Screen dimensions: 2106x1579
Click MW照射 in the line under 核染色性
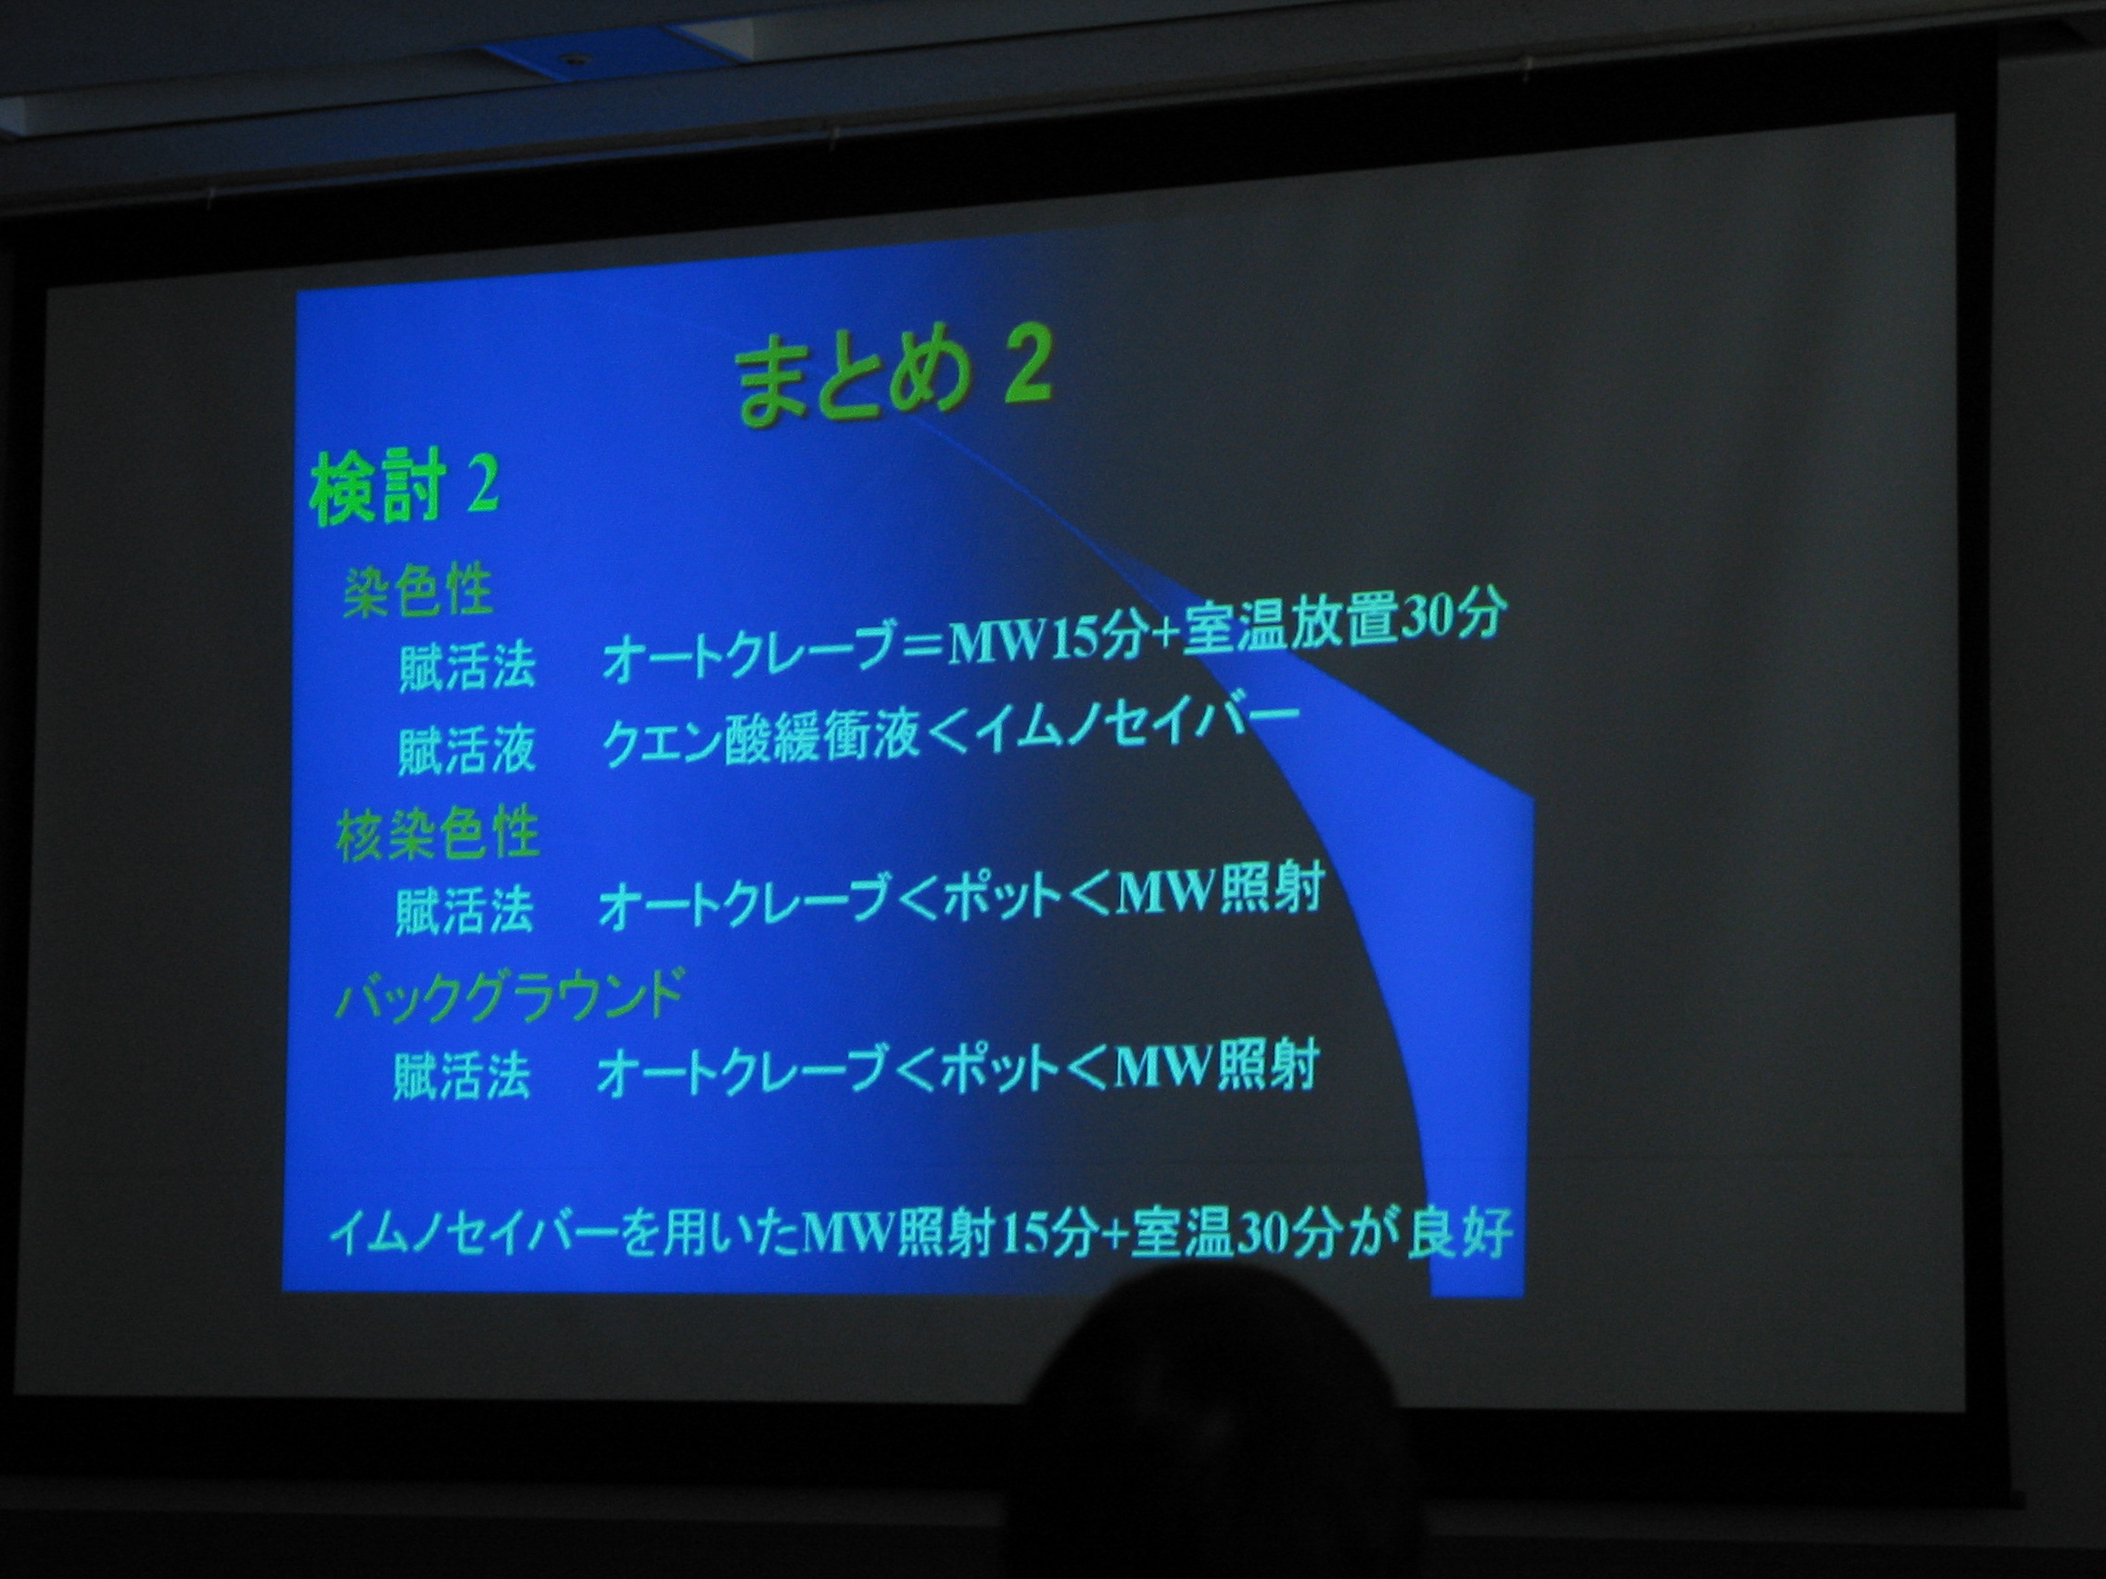[1222, 891]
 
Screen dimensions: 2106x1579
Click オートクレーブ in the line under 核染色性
[743, 905]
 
